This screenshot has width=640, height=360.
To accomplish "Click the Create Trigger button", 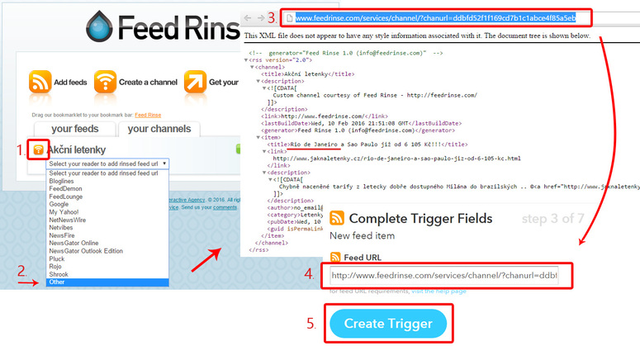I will (x=387, y=323).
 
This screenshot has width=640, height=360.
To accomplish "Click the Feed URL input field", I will (x=444, y=276).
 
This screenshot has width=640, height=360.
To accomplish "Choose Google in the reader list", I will (x=59, y=204).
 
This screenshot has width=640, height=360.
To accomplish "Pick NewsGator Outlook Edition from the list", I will (x=86, y=251).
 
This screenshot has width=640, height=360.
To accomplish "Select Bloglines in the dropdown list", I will (x=62, y=181).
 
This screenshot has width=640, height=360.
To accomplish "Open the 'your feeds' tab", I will (x=74, y=129).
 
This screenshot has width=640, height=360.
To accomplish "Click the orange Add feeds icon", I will (x=40, y=82).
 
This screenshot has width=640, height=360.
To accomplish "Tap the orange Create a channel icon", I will (x=104, y=82).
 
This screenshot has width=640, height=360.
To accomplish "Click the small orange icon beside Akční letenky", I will (x=37, y=149).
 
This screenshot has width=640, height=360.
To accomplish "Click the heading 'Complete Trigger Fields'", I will (x=420, y=219).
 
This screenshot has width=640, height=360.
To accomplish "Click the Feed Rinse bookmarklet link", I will (x=149, y=114).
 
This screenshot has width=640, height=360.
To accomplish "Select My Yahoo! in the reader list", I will (x=64, y=212).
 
